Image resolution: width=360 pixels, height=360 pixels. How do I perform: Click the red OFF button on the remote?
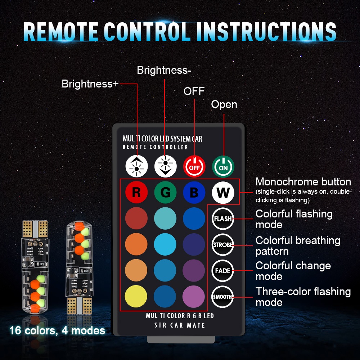pyautogui.click(x=194, y=166)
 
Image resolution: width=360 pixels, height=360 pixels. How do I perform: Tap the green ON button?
pyautogui.click(x=223, y=166)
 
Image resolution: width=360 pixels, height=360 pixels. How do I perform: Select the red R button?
pyautogui.click(x=136, y=193)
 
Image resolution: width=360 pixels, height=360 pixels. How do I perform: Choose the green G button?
pyautogui.click(x=165, y=193)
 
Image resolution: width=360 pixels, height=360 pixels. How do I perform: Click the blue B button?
pyautogui.click(x=194, y=193)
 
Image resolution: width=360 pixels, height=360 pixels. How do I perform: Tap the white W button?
pyautogui.click(x=223, y=193)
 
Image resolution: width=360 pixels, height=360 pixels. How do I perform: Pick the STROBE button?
pyautogui.click(x=223, y=245)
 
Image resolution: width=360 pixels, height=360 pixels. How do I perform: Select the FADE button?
pyautogui.click(x=223, y=271)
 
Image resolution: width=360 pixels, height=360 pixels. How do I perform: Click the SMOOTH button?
pyautogui.click(x=223, y=297)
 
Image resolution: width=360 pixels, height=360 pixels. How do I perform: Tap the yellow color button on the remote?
pyautogui.click(x=136, y=297)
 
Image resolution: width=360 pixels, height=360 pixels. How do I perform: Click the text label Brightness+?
pyautogui.click(x=90, y=84)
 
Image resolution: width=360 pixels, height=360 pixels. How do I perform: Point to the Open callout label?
pyautogui.click(x=224, y=104)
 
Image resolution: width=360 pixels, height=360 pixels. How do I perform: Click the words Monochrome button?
pyautogui.click(x=303, y=182)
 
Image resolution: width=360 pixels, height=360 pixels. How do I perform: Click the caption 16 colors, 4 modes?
pyautogui.click(x=57, y=330)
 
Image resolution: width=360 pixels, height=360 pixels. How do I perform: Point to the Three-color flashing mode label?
pyautogui.click(x=303, y=297)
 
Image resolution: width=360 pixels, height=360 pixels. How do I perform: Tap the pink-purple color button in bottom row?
pyautogui.click(x=194, y=297)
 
